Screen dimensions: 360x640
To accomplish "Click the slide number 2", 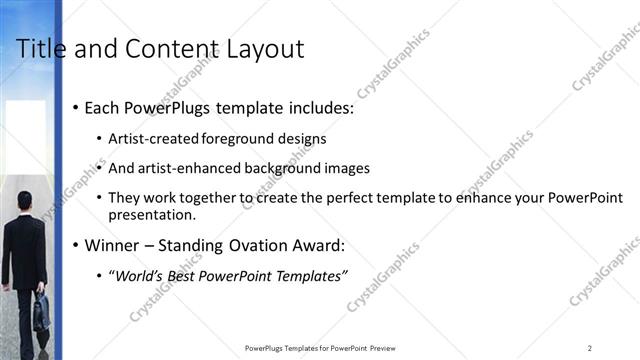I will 590,348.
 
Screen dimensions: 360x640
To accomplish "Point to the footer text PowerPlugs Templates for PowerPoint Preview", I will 319,348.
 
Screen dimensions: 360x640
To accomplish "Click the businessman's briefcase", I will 41,313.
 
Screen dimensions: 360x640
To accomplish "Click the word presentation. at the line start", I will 152,214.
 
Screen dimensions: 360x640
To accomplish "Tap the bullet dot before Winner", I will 74,245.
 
